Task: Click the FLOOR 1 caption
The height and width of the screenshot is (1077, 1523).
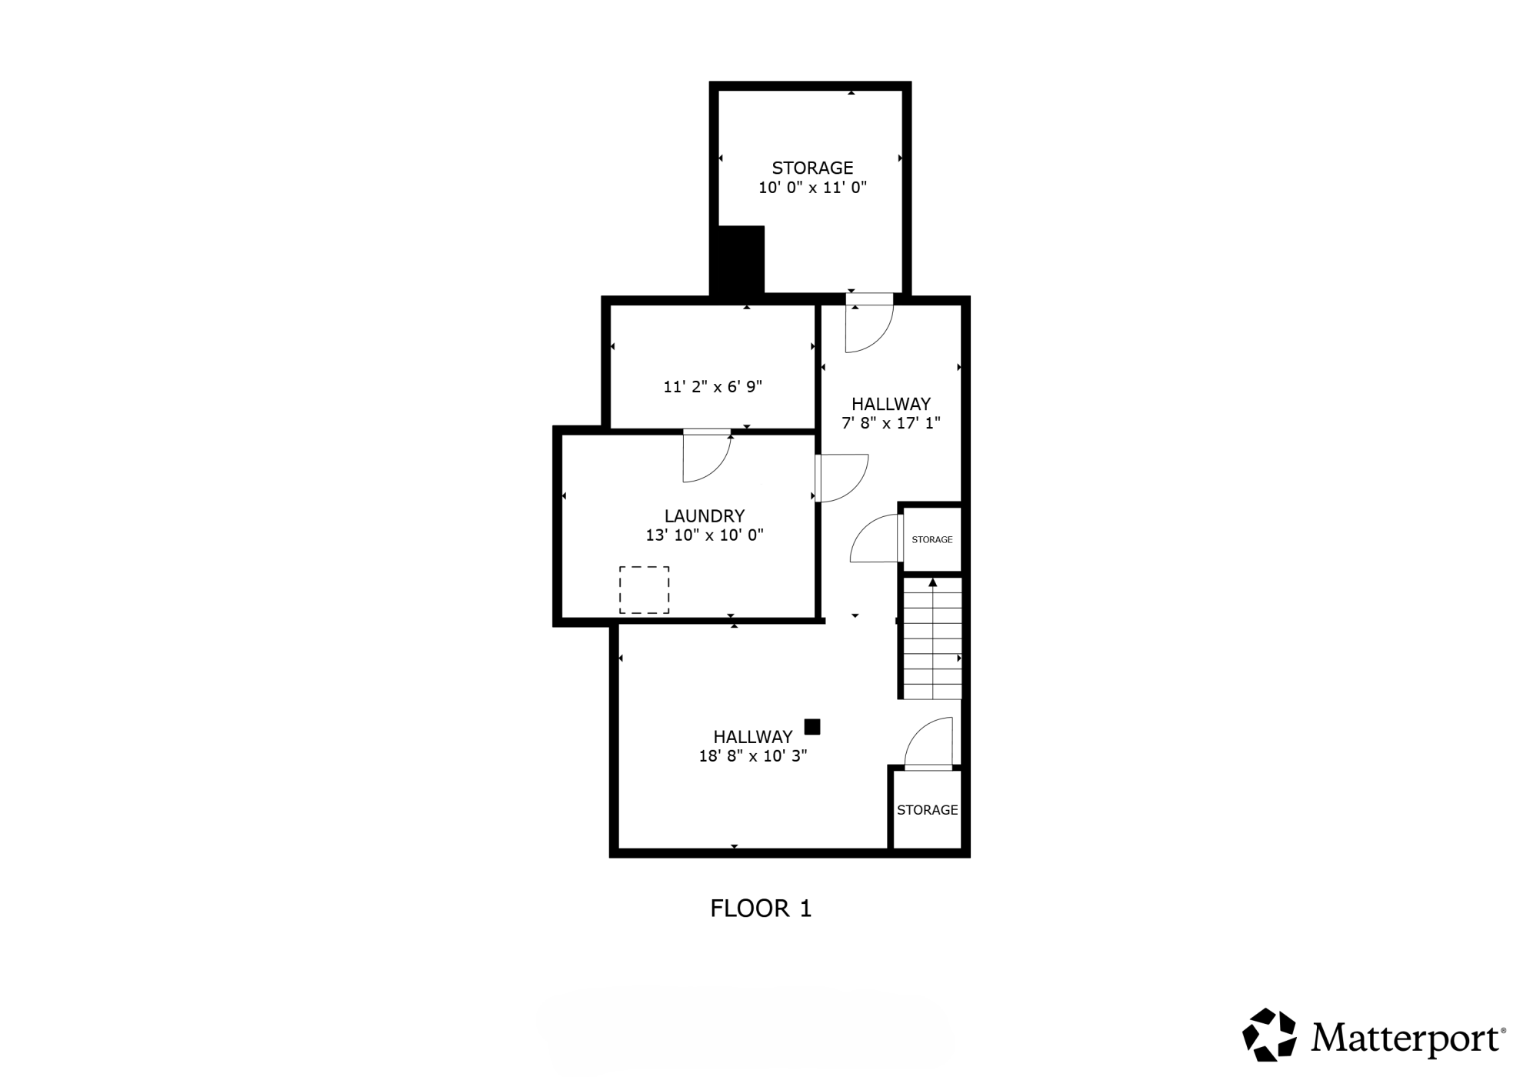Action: point(761,909)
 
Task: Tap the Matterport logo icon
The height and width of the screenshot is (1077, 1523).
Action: point(1269,1035)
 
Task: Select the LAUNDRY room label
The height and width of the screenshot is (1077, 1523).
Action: point(705,516)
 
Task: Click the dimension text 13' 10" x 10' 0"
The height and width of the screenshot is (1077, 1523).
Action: point(705,535)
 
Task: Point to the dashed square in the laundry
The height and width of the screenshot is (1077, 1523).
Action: point(645,590)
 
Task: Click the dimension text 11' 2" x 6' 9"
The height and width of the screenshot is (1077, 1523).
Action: point(713,386)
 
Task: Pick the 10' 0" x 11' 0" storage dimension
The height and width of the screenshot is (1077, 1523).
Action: point(813,187)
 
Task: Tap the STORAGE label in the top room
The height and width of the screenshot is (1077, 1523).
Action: point(813,168)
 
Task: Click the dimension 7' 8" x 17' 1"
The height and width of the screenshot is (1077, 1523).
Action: point(891,423)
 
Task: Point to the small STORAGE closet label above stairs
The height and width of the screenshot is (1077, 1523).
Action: point(932,540)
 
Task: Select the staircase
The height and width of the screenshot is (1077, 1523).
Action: point(932,639)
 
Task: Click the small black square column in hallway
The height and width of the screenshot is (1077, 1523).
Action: point(812,727)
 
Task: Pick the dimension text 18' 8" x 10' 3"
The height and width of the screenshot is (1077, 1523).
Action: point(753,756)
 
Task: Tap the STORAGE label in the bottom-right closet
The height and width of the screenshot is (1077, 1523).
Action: point(928,810)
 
